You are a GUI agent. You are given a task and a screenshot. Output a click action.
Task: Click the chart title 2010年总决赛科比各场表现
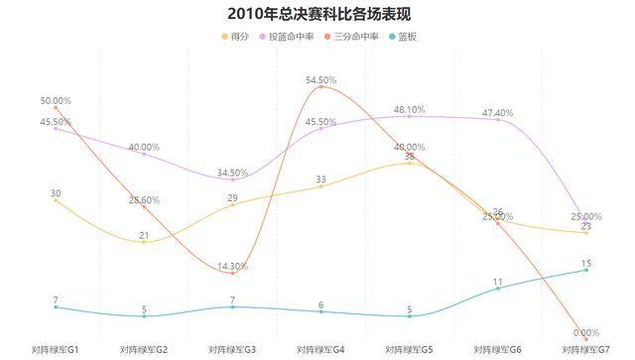click(x=317, y=14)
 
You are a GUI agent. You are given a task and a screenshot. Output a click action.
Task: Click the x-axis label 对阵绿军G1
click(x=56, y=350)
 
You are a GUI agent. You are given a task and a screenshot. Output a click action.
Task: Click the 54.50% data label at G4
click(x=321, y=79)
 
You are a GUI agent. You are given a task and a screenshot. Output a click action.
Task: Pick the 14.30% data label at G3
click(x=233, y=266)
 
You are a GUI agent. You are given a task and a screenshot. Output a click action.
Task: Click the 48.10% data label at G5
click(x=410, y=109)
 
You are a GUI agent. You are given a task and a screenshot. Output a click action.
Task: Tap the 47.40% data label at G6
click(x=498, y=113)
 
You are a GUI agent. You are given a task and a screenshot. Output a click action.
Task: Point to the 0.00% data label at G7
click(x=587, y=332)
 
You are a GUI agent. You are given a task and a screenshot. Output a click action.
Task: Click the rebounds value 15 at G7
click(x=587, y=263)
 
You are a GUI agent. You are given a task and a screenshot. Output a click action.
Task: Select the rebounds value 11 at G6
click(x=498, y=282)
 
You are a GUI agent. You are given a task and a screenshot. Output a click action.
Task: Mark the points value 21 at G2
click(x=144, y=235)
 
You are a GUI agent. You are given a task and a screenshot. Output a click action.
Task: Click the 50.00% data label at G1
click(x=56, y=100)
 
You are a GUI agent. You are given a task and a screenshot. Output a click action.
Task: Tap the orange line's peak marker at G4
click(x=321, y=87)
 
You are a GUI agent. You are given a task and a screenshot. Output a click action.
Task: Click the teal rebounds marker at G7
click(x=587, y=270)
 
